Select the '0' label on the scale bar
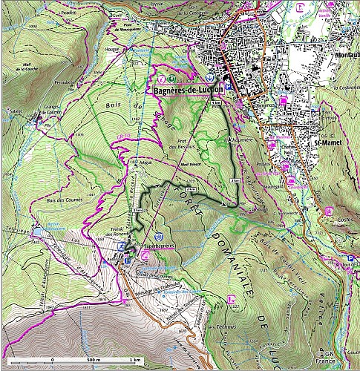[x=53, y=360]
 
